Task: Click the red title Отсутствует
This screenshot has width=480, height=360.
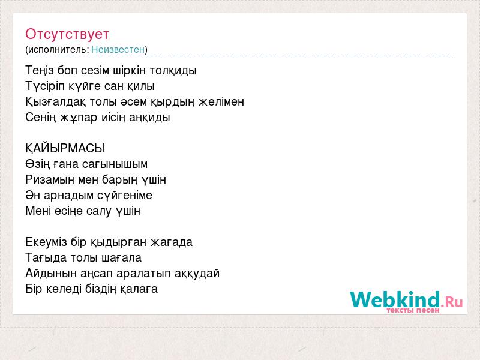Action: pyautogui.click(x=67, y=34)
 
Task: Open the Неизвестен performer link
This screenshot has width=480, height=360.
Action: pyautogui.click(x=118, y=49)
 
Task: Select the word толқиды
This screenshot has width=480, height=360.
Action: pyautogui.click(x=173, y=71)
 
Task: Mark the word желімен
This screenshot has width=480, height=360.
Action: pyautogui.click(x=221, y=101)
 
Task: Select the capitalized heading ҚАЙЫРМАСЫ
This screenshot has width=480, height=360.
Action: pyautogui.click(x=65, y=148)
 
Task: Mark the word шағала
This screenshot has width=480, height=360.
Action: pyautogui.click(x=122, y=258)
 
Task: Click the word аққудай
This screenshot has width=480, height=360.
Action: pyautogui.click(x=197, y=274)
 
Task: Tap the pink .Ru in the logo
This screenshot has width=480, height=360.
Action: pyautogui.click(x=452, y=302)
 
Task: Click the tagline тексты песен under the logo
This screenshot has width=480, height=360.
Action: pyautogui.click(x=413, y=310)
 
